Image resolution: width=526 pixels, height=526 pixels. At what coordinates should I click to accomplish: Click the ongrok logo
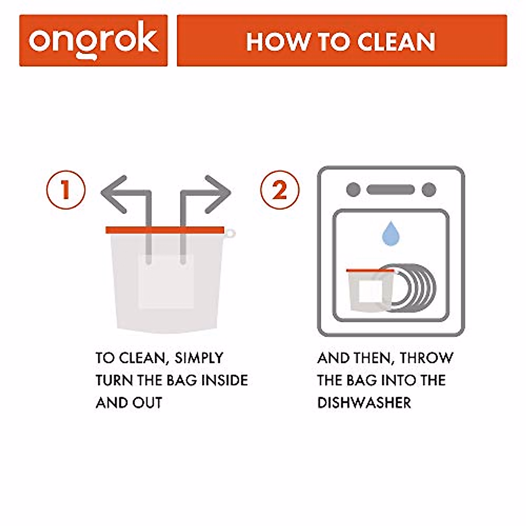(x=93, y=41)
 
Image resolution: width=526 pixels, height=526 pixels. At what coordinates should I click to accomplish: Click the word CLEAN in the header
(x=396, y=42)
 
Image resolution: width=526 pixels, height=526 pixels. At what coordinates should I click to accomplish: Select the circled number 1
(x=66, y=191)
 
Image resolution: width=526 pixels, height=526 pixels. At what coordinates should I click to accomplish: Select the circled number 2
(x=280, y=191)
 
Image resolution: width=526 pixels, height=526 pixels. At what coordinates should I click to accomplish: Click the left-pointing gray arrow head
(x=113, y=192)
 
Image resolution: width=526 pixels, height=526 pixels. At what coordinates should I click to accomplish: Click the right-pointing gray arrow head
(x=218, y=192)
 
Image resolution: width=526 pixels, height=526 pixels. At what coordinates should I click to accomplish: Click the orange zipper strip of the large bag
(x=164, y=230)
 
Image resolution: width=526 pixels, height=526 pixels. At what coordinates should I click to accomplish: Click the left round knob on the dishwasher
(x=353, y=190)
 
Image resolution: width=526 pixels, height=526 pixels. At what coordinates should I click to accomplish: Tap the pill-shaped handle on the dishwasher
(x=391, y=190)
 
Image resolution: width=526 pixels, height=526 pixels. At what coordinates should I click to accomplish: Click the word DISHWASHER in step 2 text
(x=364, y=402)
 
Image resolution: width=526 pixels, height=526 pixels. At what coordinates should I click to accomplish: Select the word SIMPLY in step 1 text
(x=199, y=358)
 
